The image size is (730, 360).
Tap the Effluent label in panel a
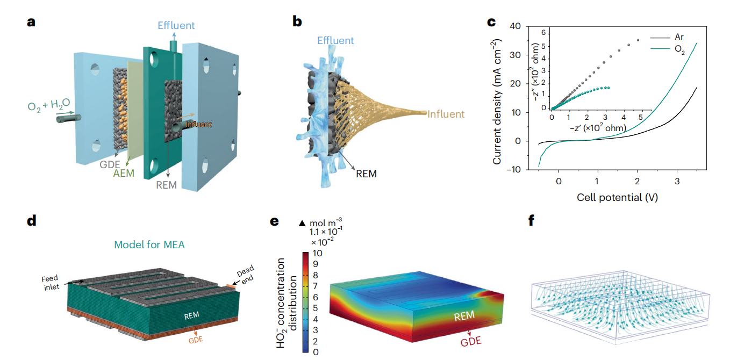coord(176,25)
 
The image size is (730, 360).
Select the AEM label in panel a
coord(124,173)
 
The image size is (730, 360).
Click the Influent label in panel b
coord(446,114)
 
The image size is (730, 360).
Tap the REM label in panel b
coord(366,174)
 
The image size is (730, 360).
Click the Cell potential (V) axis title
coord(617,197)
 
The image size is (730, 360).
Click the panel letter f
coord(532,221)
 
